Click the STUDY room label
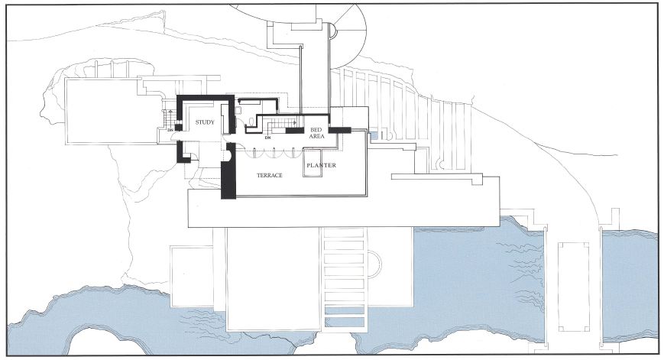[205, 122]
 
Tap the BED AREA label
[316, 133]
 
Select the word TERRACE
[269, 175]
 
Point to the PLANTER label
[321, 165]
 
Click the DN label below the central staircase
[267, 138]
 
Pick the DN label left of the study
[170, 130]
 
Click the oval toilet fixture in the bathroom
[251, 122]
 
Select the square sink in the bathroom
[238, 111]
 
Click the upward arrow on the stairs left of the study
[170, 114]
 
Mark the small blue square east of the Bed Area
[374, 136]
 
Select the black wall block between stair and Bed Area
[294, 130]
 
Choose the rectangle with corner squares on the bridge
[573, 287]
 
